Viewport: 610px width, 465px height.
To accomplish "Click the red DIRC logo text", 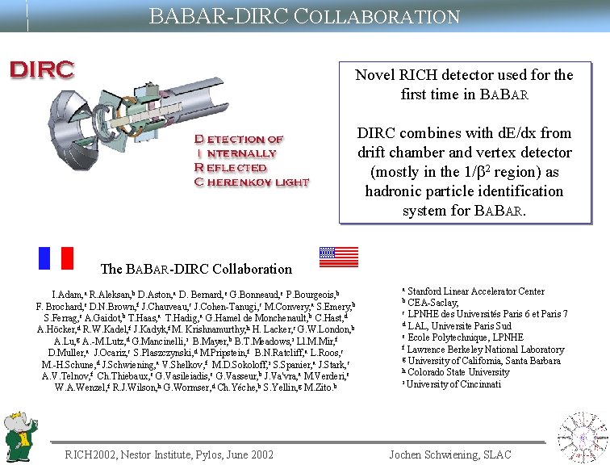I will (x=41, y=69).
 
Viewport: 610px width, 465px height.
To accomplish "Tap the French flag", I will (x=56, y=257).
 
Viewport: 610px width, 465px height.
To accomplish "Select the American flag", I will (x=338, y=257).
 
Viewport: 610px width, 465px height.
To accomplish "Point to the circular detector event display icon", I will (x=583, y=437).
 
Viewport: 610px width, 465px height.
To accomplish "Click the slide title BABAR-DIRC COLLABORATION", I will (x=304, y=16).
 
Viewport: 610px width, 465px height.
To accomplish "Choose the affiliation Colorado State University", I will (x=458, y=372).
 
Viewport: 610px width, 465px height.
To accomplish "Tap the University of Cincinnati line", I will (x=453, y=384).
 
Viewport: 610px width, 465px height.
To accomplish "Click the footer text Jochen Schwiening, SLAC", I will (x=449, y=455).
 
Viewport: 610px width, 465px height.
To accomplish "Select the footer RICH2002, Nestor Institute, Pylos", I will (x=169, y=455).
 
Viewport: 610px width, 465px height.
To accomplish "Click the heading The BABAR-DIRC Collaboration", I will (x=196, y=269).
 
